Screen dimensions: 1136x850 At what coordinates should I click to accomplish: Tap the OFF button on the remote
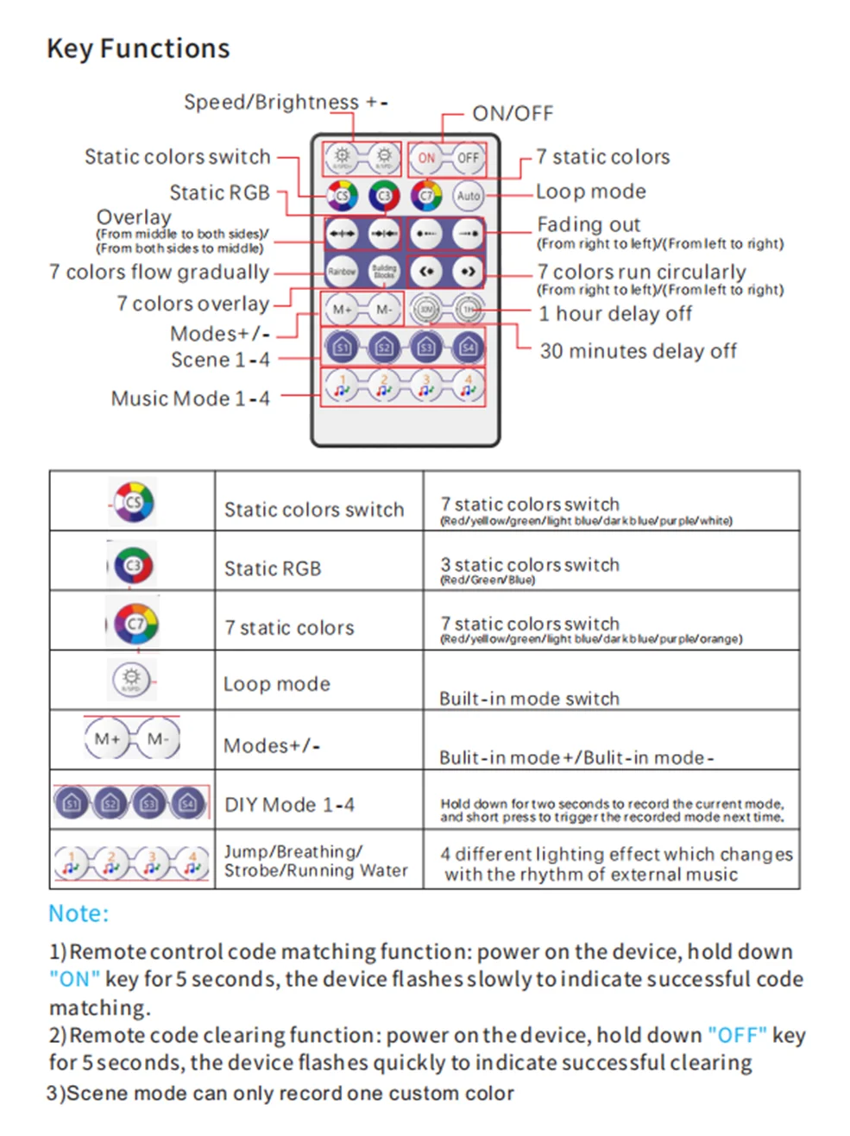coord(468,158)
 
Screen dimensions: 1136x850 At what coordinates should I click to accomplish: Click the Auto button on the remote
coord(468,196)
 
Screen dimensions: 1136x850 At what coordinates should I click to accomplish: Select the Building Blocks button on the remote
coord(384,271)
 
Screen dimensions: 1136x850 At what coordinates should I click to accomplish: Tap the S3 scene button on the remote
coord(426,348)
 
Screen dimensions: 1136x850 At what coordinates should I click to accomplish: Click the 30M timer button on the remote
coord(426,309)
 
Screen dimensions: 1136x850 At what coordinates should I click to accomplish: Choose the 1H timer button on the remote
coord(468,309)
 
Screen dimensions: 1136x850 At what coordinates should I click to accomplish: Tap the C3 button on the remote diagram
coord(384,196)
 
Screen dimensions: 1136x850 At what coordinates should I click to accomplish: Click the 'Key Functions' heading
coord(138,49)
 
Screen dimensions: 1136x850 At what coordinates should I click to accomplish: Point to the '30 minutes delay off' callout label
coord(638,351)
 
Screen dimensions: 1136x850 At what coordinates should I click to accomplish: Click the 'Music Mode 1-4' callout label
coord(190,399)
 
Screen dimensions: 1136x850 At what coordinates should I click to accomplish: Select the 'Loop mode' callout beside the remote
coord(590,191)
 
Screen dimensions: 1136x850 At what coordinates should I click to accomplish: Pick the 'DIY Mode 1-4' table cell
coord(289,805)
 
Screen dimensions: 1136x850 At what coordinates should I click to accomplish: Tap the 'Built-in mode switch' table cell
coord(529,698)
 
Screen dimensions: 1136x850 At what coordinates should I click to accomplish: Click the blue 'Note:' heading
coord(79,913)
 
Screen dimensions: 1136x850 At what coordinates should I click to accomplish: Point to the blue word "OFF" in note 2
coord(737,1035)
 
